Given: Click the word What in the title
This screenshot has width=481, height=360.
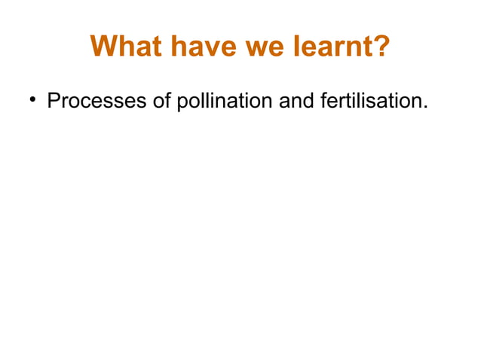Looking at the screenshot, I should [x=123, y=47].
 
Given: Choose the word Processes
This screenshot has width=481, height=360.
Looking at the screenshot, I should [x=97, y=100].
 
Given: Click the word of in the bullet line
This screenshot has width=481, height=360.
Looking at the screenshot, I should [x=162, y=100].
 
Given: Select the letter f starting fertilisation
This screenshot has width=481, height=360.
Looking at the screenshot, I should [x=323, y=100].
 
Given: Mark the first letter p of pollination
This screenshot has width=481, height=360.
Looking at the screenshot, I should [x=181, y=102].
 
